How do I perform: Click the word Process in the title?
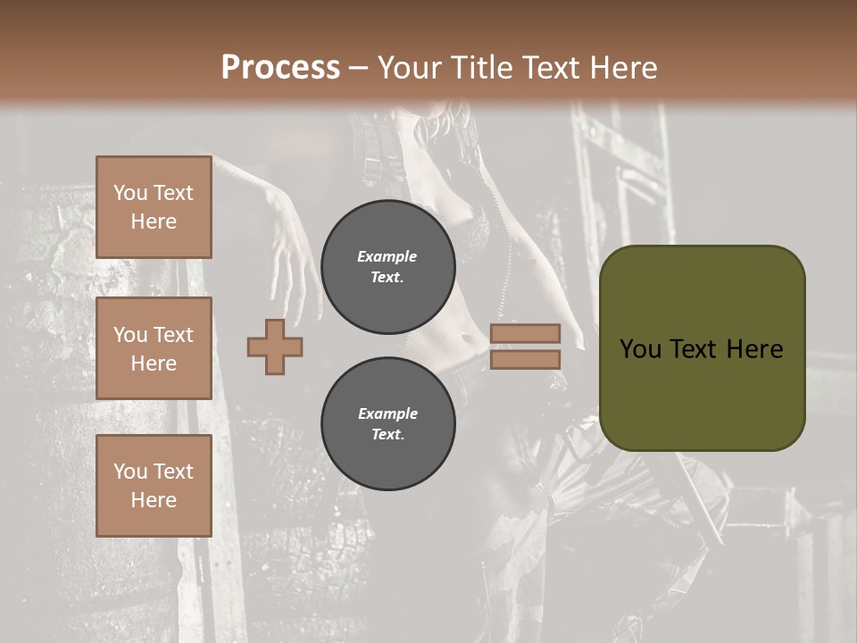coord(280,68)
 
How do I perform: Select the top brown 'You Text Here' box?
coord(154,207)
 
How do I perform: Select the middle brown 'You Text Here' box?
coord(154,348)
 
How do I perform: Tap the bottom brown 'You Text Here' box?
coord(154,486)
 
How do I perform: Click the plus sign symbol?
coord(275,346)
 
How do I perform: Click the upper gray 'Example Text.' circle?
coord(387,266)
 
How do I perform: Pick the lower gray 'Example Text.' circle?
coord(387,424)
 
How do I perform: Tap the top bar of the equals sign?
coord(525,333)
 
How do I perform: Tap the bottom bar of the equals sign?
coord(525,359)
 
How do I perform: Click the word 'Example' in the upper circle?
coord(387,256)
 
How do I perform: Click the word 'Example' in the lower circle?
coord(387,413)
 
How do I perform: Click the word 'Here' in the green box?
coord(754,348)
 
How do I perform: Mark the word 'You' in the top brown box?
coord(130,193)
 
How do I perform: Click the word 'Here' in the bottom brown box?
coord(154,500)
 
